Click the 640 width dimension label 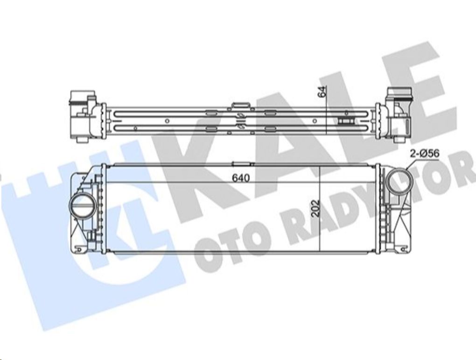[x=240, y=178]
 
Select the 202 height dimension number [x=316, y=208]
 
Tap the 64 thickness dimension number [x=322, y=92]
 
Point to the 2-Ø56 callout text [x=425, y=154]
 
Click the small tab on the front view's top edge [x=242, y=164]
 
